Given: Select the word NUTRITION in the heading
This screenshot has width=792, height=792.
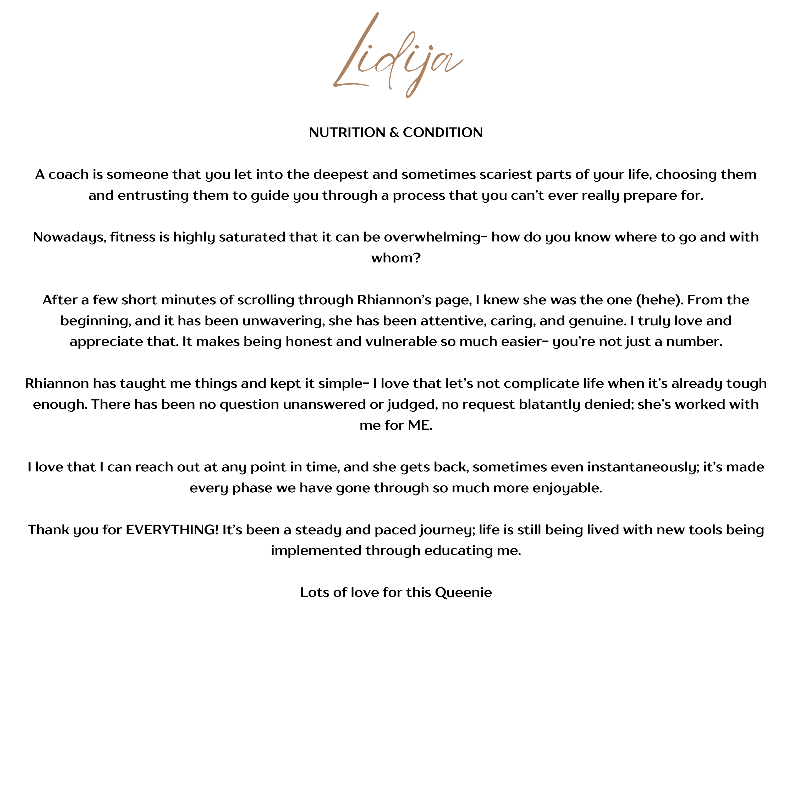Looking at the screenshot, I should (x=347, y=133).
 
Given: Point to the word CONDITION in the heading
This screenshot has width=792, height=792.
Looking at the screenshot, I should (x=442, y=133).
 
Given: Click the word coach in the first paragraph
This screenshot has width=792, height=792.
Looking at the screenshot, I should (x=68, y=175).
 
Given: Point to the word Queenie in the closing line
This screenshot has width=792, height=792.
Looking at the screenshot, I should (x=463, y=592).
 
